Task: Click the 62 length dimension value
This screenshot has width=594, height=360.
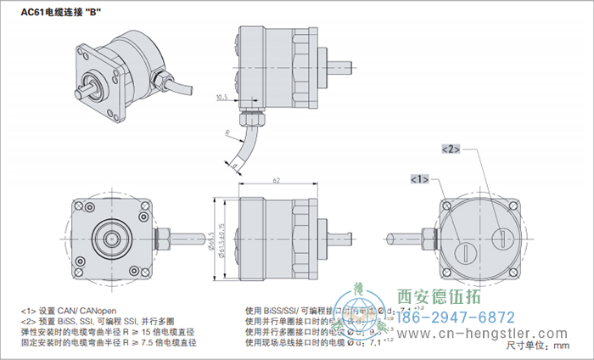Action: point(277,181)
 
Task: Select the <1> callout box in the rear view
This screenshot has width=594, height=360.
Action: point(419,180)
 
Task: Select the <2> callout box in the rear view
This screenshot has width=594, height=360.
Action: point(451,149)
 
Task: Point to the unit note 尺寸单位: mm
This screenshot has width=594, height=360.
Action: point(539,346)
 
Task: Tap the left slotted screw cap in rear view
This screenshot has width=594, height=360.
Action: point(466,250)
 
